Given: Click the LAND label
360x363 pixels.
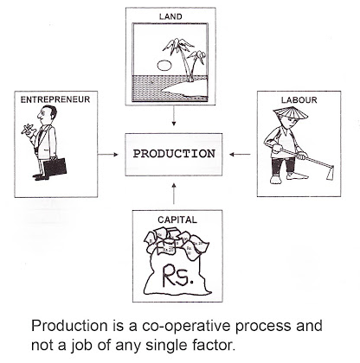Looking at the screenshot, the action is pyautogui.click(x=170, y=16).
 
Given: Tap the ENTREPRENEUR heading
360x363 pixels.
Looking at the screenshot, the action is pyautogui.click(x=55, y=99).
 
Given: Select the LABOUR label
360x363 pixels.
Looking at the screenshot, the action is pyautogui.click(x=299, y=100).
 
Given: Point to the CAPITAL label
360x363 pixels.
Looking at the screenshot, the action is pyautogui.click(x=177, y=220).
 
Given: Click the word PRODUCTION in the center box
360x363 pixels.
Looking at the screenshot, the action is pyautogui.click(x=174, y=154).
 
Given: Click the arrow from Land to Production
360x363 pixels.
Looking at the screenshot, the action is pyautogui.click(x=174, y=116).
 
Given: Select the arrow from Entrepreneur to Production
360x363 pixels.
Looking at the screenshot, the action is pyautogui.click(x=108, y=155).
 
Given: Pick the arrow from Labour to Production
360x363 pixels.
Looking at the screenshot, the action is pyautogui.click(x=240, y=155).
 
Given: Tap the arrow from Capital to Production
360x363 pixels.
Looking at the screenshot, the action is pyautogui.click(x=174, y=193).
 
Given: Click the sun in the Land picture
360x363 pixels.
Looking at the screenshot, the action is pyautogui.click(x=164, y=66).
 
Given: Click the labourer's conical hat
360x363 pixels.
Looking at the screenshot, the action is pyautogui.click(x=290, y=113).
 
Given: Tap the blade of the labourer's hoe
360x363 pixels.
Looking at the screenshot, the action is pyautogui.click(x=330, y=174).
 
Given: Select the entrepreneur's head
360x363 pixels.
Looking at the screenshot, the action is pyautogui.click(x=47, y=114).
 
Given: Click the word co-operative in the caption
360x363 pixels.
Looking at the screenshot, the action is pyautogui.click(x=186, y=326).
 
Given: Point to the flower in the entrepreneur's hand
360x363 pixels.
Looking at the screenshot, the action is pyautogui.click(x=28, y=129).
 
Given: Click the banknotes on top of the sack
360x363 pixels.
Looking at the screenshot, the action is pyautogui.click(x=176, y=241).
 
